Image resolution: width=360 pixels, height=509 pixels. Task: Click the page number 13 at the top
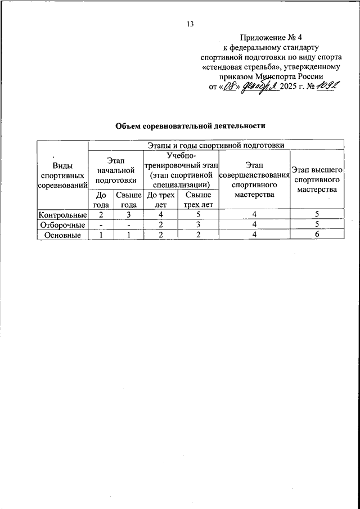point(190,25)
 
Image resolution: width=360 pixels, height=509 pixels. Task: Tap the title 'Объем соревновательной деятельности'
point(190,126)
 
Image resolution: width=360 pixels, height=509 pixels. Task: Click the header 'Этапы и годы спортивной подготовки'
point(217,145)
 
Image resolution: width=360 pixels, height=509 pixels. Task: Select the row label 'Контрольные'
point(62,214)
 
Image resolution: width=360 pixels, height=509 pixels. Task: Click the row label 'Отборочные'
point(62,225)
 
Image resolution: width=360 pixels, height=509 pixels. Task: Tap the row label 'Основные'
point(62,236)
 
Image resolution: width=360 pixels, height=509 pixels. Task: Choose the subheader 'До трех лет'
point(161,200)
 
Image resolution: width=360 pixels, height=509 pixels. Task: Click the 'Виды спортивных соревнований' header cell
point(62,174)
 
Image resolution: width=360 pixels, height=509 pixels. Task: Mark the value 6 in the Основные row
point(317,236)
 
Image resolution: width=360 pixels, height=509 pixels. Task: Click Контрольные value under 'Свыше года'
point(128,214)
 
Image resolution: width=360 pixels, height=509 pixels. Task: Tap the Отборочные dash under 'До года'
point(101,225)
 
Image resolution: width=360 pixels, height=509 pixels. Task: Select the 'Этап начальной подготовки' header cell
point(116,170)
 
